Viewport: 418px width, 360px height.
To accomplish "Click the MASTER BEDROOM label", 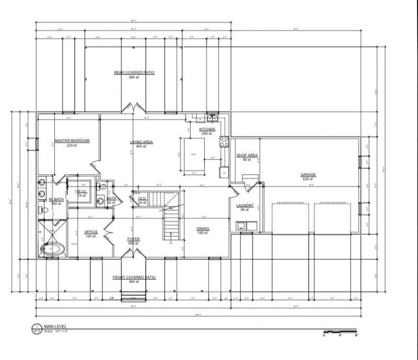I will tap(72, 141).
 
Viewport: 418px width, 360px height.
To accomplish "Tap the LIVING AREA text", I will tap(141, 142).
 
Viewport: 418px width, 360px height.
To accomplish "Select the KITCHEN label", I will tap(207, 129).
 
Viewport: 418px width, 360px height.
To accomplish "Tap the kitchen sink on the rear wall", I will tap(212, 117).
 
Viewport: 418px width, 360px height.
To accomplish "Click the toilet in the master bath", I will tap(44, 212).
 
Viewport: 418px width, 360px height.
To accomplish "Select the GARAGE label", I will tap(308, 175).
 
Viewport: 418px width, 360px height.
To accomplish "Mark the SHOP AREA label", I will tap(247, 155).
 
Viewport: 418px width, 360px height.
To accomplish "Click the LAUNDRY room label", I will tap(245, 206).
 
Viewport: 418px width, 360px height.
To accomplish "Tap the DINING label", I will tap(203, 228).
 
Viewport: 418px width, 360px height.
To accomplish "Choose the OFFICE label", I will tap(91, 232).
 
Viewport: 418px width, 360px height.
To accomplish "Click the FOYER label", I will tap(133, 239).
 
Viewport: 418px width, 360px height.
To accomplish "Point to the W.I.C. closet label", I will tap(82, 191).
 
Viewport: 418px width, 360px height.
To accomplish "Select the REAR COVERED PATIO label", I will tap(134, 73).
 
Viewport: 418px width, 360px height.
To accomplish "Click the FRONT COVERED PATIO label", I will tap(135, 277).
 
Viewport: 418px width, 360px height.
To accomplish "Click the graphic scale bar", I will tap(340, 331).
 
